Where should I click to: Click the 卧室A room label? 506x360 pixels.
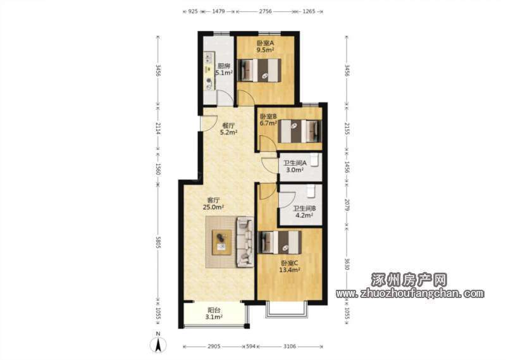pos(265,43)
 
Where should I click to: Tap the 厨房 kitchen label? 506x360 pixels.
pos(224,66)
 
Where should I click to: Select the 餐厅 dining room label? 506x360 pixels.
pos(228,126)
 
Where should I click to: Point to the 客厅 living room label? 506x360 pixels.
pos(213,200)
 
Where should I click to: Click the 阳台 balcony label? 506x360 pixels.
pos(214,310)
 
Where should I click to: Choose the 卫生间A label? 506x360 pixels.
pos(295,163)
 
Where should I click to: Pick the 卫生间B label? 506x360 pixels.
pos(304,208)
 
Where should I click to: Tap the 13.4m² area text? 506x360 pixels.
pos(290,270)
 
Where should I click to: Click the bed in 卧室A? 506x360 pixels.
pos(259,70)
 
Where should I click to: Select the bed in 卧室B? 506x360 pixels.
pos(300,131)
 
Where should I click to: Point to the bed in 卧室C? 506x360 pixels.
pos(280,242)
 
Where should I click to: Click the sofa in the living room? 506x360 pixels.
pos(245,242)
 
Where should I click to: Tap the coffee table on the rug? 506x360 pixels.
pos(222,242)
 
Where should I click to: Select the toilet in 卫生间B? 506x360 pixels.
pos(311,190)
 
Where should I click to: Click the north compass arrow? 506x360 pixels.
pos(158,345)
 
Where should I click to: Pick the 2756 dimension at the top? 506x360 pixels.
pos(265,11)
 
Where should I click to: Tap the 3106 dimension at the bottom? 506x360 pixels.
pos(290,346)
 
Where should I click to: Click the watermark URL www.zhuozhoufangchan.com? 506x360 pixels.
pos(410,294)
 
